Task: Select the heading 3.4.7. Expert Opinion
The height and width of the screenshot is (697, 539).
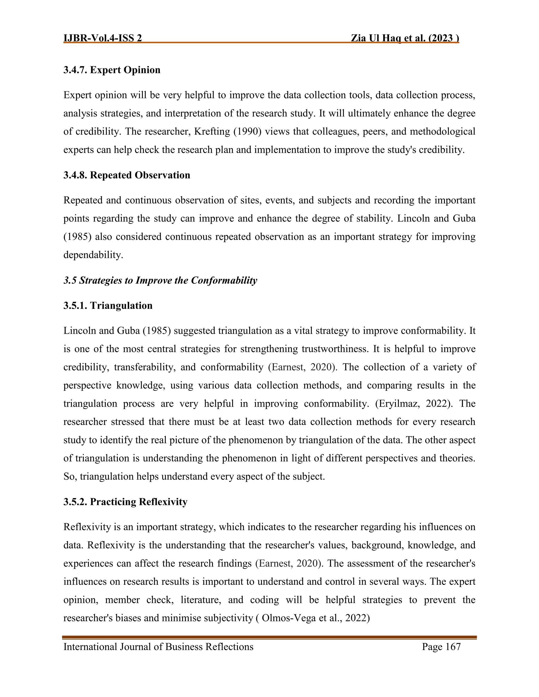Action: [112, 70]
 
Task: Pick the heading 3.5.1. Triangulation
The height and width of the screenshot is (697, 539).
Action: [108, 305]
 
